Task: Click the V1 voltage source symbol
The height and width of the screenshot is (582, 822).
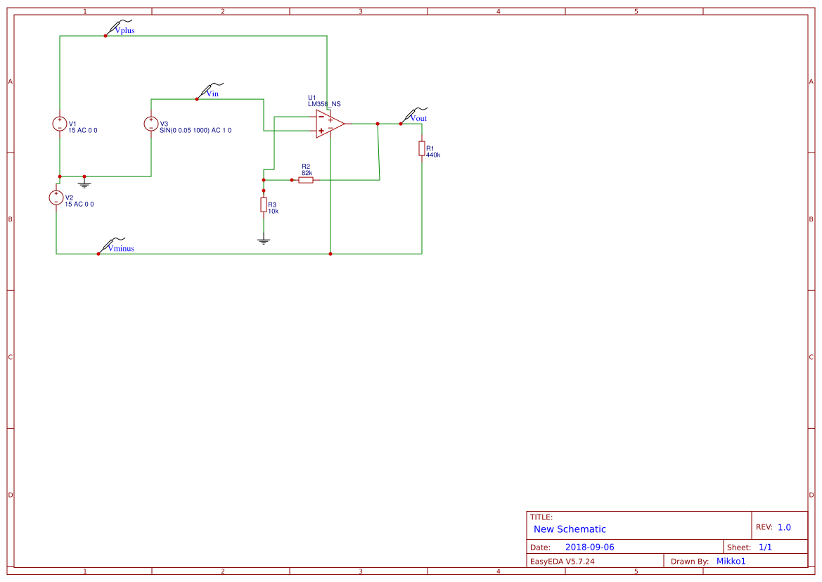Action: coord(60,124)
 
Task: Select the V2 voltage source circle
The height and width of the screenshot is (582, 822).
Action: coord(56,198)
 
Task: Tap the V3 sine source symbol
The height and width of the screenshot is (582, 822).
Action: coord(151,124)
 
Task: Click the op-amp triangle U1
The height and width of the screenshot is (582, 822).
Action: coord(328,124)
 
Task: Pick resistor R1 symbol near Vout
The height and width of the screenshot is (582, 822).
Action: coord(422,148)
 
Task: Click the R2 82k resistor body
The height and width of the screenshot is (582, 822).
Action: coord(306,180)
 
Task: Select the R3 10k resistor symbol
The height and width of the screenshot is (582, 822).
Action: coord(264,205)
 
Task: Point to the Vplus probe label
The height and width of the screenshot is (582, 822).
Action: coord(124,31)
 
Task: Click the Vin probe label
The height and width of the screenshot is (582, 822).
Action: coord(212,93)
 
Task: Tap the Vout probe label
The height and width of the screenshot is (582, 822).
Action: coord(418,118)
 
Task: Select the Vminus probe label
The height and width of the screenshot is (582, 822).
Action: coord(120,248)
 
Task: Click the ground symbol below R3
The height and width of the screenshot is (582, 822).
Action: coord(264,241)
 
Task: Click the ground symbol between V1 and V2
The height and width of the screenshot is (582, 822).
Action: coord(84,184)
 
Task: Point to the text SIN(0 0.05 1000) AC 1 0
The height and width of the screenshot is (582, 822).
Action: coord(195,131)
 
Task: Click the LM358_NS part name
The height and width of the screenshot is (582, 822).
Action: coord(324,104)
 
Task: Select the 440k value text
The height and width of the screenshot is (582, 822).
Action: coord(433,155)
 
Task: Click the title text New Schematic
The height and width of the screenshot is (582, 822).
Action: coord(570,529)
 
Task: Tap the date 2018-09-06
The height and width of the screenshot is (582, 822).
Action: coord(589,547)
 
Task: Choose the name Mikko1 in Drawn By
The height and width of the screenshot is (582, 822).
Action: coord(731,561)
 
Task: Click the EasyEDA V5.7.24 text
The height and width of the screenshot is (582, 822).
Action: coord(563,561)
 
